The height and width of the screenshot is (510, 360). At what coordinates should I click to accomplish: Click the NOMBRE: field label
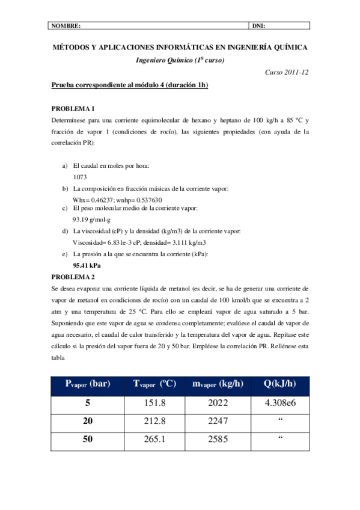66,26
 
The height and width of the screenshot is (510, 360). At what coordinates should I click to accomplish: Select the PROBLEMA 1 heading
73,109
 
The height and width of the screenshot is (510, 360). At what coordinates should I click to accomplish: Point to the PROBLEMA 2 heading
73,277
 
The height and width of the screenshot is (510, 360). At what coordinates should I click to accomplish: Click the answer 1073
80,177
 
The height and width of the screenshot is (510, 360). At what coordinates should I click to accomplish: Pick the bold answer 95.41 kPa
87,265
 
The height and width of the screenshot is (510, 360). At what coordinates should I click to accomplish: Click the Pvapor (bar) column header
88,384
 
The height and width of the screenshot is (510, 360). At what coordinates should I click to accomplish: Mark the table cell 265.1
151,439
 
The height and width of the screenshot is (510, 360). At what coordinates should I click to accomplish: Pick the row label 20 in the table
88,421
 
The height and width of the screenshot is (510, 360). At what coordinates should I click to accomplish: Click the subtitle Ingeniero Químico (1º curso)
180,59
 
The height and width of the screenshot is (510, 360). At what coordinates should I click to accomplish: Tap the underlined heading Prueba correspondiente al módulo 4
130,86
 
